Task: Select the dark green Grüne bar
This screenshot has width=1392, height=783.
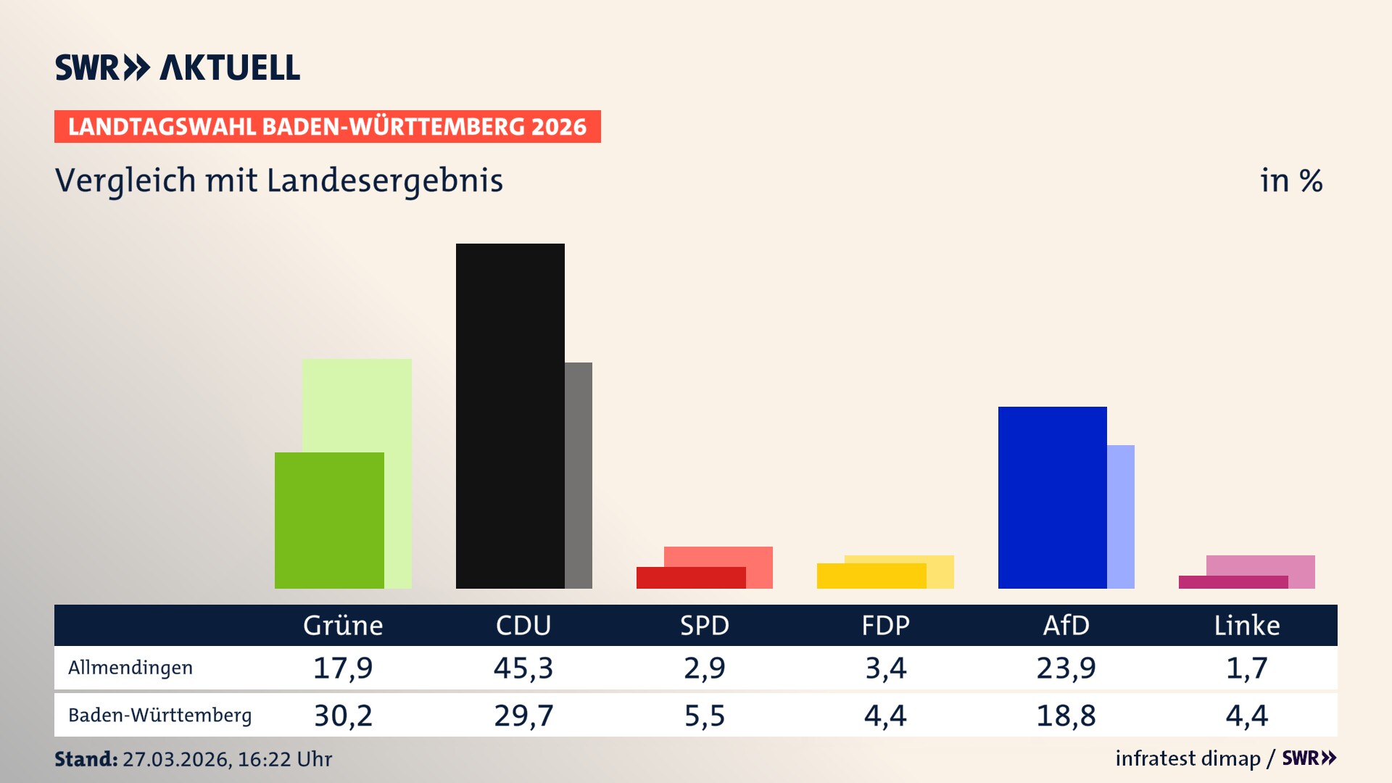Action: [329, 520]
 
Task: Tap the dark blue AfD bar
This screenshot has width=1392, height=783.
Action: [1052, 497]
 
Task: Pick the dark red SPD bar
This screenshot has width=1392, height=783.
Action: [690, 578]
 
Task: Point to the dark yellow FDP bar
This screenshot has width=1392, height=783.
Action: [871, 576]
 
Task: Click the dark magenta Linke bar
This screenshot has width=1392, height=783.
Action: [1232, 582]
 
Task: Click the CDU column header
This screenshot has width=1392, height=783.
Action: [523, 625]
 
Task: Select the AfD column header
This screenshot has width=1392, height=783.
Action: [1066, 625]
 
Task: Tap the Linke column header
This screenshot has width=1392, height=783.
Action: [1247, 625]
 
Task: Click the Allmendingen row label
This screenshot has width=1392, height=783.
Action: [130, 668]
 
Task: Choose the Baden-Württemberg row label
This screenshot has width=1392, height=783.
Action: [159, 716]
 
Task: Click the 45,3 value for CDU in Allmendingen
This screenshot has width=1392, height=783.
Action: [523, 668]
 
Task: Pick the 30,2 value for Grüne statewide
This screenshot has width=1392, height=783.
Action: [343, 716]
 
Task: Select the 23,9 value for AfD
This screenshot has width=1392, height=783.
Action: [1066, 668]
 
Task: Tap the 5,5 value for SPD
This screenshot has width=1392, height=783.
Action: [705, 716]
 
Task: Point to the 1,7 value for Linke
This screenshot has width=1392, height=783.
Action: [1247, 668]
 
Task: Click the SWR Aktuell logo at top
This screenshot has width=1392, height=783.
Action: [178, 67]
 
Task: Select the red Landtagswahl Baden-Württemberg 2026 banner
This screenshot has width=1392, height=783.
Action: [327, 127]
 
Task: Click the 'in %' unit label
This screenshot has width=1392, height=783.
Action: [1290, 181]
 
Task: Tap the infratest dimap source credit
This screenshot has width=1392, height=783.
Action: [1188, 758]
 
